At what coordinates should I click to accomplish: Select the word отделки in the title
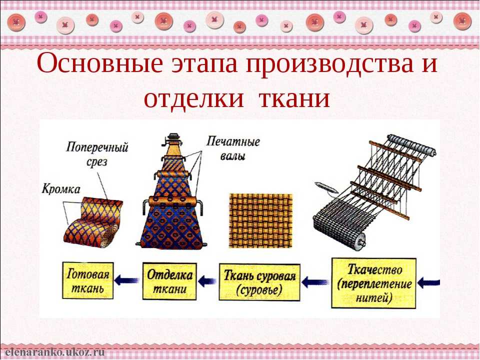pyautogui.click(x=194, y=98)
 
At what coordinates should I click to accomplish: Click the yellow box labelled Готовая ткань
pyautogui.click(x=88, y=280)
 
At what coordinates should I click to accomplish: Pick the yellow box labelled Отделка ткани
pyautogui.click(x=169, y=281)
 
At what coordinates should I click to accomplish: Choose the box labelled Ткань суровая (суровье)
pyautogui.click(x=259, y=282)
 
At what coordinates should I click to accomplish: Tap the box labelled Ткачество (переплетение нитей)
pyautogui.click(x=374, y=283)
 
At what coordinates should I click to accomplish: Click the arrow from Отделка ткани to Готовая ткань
pyautogui.click(x=127, y=280)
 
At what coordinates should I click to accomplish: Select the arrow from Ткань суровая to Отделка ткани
pyautogui.click(x=207, y=280)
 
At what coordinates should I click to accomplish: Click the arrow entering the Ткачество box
pyautogui.click(x=428, y=282)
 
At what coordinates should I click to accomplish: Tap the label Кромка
pyautogui.click(x=61, y=189)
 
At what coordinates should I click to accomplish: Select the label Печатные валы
pyautogui.click(x=233, y=148)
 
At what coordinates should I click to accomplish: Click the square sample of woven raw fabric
pyautogui.click(x=261, y=220)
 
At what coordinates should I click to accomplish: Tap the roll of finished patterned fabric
pyautogui.click(x=93, y=222)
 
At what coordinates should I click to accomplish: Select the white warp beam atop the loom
pyautogui.click(x=411, y=144)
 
